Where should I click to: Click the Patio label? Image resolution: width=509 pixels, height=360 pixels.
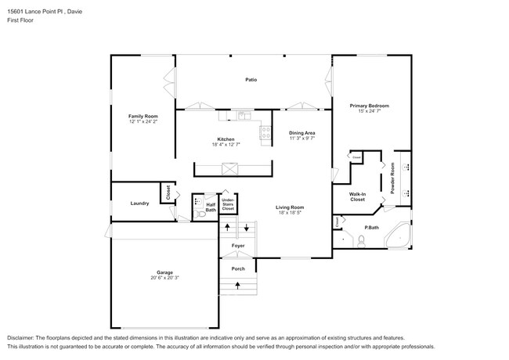click(x=251, y=80)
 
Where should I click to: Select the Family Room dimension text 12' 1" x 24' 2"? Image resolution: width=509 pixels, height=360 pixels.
click(x=143, y=121)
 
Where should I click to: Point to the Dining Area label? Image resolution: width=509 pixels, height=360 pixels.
click(x=302, y=133)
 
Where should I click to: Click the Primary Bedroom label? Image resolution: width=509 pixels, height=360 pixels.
click(x=369, y=106)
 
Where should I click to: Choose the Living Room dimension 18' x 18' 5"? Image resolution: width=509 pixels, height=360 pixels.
click(x=289, y=212)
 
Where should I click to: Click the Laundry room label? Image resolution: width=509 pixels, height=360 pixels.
click(x=140, y=203)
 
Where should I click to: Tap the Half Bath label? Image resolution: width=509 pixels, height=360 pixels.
click(x=211, y=207)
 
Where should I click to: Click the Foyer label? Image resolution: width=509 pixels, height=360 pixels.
click(x=237, y=246)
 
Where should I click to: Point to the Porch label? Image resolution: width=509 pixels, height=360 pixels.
click(x=237, y=268)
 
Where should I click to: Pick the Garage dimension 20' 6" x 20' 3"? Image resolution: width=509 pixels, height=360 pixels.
click(x=164, y=278)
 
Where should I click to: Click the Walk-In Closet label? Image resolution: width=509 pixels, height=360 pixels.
click(x=357, y=197)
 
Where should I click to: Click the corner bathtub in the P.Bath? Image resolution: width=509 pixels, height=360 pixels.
click(x=399, y=236)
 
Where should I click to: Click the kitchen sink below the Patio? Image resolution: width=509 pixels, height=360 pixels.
click(x=243, y=117)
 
